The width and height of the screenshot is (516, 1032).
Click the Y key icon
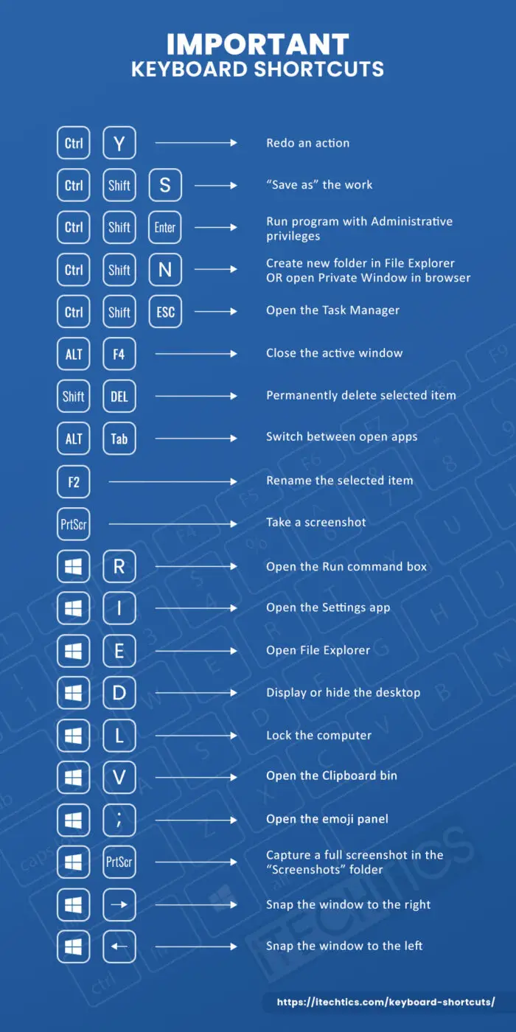pyautogui.click(x=119, y=143)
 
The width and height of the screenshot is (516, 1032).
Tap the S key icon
pyautogui.click(x=165, y=185)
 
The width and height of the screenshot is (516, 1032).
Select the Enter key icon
pyautogui.click(x=165, y=227)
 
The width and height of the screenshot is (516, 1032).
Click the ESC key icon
pyautogui.click(x=165, y=312)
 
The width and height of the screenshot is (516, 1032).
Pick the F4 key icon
pyautogui.click(x=119, y=355)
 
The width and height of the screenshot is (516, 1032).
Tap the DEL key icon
pyautogui.click(x=119, y=397)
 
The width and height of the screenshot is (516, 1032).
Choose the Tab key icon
pyautogui.click(x=119, y=439)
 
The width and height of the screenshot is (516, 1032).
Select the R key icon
pyautogui.click(x=119, y=567)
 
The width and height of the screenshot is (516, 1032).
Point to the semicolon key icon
pyautogui.click(x=119, y=820)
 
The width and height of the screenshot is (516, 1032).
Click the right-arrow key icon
pyautogui.click(x=119, y=904)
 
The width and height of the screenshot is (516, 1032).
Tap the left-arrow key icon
pyautogui.click(x=119, y=946)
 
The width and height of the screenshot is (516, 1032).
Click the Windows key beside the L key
pyautogui.click(x=74, y=736)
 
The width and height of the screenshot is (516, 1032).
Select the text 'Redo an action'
pyautogui.click(x=307, y=143)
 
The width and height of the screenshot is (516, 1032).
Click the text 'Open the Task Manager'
pyautogui.click(x=332, y=310)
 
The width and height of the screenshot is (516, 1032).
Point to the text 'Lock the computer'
pyautogui.click(x=318, y=736)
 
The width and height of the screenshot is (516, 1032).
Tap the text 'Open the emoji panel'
pyautogui.click(x=327, y=819)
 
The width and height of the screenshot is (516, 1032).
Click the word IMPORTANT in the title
pyautogui.click(x=258, y=44)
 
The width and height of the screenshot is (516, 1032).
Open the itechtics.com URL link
pyautogui.click(x=386, y=1003)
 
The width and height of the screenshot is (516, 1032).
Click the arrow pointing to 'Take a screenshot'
pyautogui.click(x=172, y=524)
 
